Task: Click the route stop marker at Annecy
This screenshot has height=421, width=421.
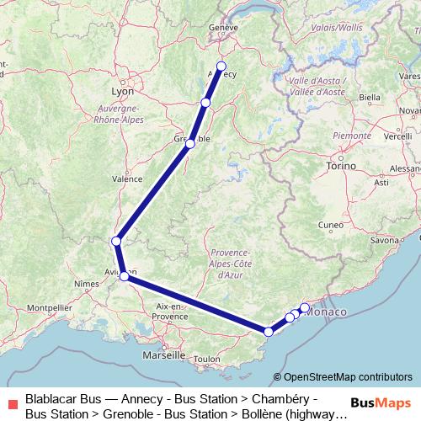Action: [221, 66]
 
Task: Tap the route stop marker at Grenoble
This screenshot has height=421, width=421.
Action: [190, 144]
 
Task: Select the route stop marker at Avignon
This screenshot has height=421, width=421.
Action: [124, 274]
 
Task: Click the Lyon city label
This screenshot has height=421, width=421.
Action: [122, 91]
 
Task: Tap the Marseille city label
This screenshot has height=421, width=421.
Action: [165, 355]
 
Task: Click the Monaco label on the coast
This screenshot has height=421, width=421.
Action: [328, 312]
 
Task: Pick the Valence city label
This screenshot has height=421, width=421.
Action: [127, 179]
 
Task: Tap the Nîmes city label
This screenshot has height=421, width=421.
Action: [86, 285]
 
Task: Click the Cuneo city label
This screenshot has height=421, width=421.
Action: [330, 225]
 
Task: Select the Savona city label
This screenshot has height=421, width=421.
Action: [384, 241]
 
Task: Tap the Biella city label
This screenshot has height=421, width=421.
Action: [370, 98]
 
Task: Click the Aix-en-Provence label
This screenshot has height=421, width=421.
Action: [171, 312]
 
